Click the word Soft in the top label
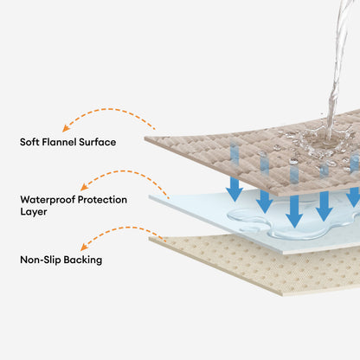pos(29,142)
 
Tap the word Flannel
pos(59,142)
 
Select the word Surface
pos(98,142)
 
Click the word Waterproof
pos(48,200)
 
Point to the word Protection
pos(102,200)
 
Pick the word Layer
pos(34,212)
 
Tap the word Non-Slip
pos(41,260)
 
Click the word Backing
pos(83,260)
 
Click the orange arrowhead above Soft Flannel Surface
pos(66,128)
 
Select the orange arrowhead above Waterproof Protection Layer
pos(84,187)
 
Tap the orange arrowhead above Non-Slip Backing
pos(84,247)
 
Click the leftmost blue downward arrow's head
pos(235,195)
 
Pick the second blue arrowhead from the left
pos(264,206)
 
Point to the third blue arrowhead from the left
pos(294,221)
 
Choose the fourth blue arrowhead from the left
pos(325,214)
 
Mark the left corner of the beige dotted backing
pos(150,239)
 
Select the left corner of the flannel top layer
pos(145,138)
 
